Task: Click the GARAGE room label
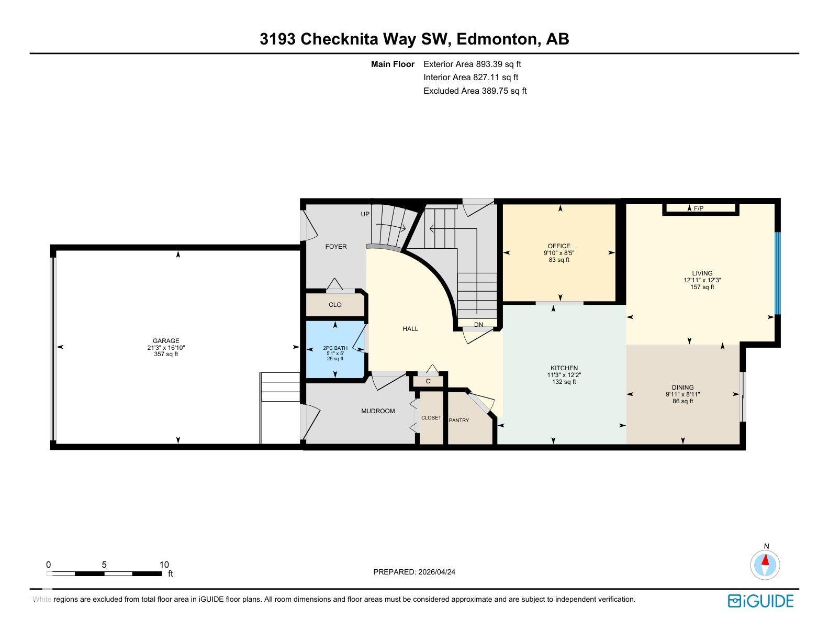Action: (166, 340)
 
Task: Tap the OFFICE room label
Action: (558, 246)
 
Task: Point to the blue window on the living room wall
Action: (777, 273)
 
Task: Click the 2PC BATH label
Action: (335, 348)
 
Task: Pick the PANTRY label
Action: (459, 420)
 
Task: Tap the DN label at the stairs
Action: (478, 325)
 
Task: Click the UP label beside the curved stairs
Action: (365, 214)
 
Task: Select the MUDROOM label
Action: (378, 411)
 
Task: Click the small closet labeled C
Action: (428, 381)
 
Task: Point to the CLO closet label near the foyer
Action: (335, 304)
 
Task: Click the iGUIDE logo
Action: (760, 601)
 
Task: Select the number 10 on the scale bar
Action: (164, 565)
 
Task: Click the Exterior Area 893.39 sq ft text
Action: (472, 64)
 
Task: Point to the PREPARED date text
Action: (414, 572)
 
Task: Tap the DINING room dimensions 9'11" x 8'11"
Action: (682, 394)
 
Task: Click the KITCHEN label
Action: (564, 368)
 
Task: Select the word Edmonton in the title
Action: (497, 39)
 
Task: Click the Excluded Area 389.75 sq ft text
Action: (475, 91)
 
